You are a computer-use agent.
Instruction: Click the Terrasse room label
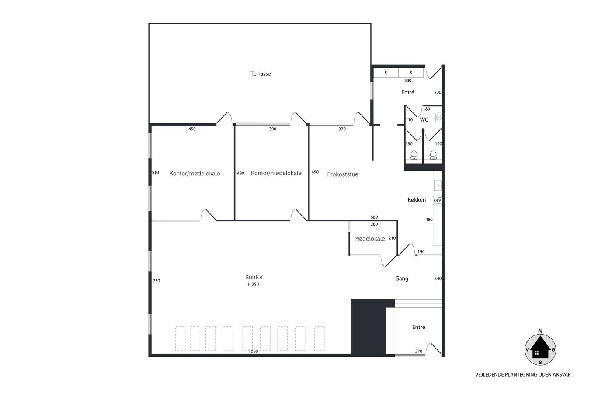[261, 73]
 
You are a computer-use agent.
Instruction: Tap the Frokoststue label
[343, 174]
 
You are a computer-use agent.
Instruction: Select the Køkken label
[417, 200]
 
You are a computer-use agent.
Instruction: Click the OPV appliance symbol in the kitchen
[438, 200]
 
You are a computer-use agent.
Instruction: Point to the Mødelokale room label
[369, 239]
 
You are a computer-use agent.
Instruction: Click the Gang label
[402, 279]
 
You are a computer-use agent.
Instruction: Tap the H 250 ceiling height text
[253, 284]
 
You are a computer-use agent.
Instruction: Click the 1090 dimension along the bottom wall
[253, 351]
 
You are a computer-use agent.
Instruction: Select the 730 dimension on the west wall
[156, 281]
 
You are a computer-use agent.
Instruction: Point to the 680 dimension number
[374, 217]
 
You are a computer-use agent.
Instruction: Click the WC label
[424, 119]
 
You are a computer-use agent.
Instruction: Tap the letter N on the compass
[540, 331]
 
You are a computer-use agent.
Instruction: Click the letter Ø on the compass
[553, 349]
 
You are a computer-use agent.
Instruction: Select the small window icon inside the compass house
[537, 353]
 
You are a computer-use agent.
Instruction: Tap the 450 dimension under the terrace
[192, 129]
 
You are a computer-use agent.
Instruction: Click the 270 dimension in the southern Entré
[419, 352]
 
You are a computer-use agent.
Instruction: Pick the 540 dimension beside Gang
[438, 279]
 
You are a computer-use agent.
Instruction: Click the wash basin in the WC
[439, 118]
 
